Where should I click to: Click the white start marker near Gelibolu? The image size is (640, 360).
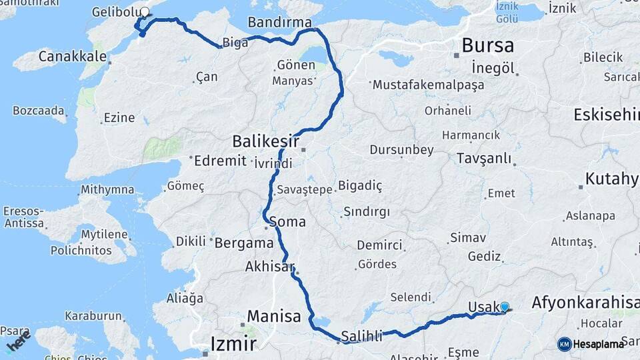tap(145, 11)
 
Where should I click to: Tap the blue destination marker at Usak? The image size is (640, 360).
tap(505, 307)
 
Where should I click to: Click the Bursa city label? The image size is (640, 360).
tap(487, 46)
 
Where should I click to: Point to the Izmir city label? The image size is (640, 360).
tap(233, 344)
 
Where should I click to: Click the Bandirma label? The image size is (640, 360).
tap(279, 23)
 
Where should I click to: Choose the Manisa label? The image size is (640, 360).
tap(274, 317)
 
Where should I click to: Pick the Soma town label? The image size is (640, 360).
tap(287, 221)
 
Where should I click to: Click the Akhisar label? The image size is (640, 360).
tap(269, 267)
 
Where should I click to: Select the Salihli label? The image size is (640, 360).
tap(361, 337)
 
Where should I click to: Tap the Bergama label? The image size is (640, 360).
tap(244, 243)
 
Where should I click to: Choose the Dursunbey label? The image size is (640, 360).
tap(401, 150)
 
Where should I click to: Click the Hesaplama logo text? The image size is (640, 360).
tap(599, 344)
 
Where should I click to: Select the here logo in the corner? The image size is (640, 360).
tap(19, 341)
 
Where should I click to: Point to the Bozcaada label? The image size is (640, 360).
tap(39, 110)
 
